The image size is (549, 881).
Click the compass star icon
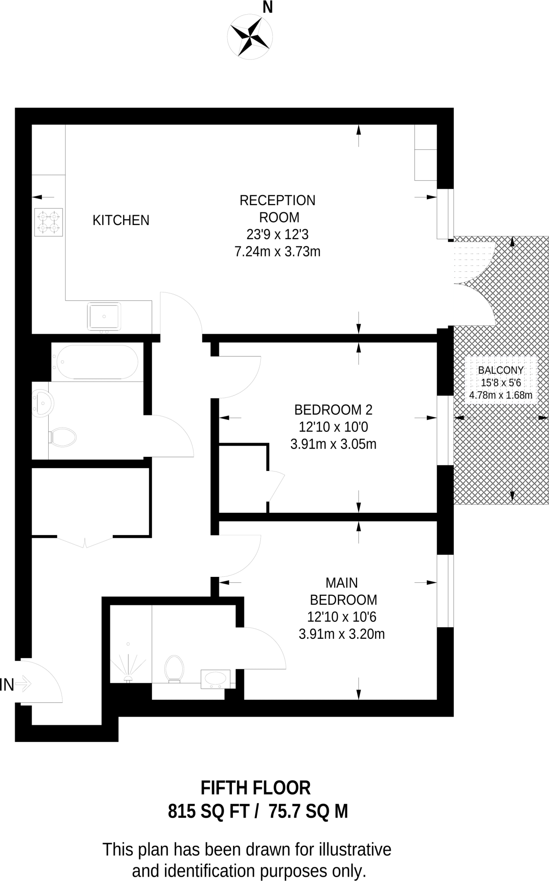click(x=250, y=36)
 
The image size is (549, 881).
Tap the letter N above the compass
click(x=268, y=7)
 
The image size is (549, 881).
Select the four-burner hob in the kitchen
click(x=49, y=222)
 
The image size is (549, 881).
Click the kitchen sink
click(x=104, y=316)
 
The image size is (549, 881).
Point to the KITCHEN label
click(x=121, y=220)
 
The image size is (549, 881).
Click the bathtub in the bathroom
click(x=97, y=362)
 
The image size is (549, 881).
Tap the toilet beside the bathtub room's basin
click(x=63, y=437)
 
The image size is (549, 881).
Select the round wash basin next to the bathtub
click(x=42, y=403)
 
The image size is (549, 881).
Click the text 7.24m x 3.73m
click(x=277, y=251)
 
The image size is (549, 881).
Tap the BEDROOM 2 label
click(x=333, y=410)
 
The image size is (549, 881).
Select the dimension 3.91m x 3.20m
click(x=341, y=634)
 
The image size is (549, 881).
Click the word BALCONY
click(x=501, y=370)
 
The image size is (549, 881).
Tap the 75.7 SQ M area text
click(x=308, y=811)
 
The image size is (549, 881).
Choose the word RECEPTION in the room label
click(x=277, y=200)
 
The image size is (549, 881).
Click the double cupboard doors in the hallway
click(x=85, y=541)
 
